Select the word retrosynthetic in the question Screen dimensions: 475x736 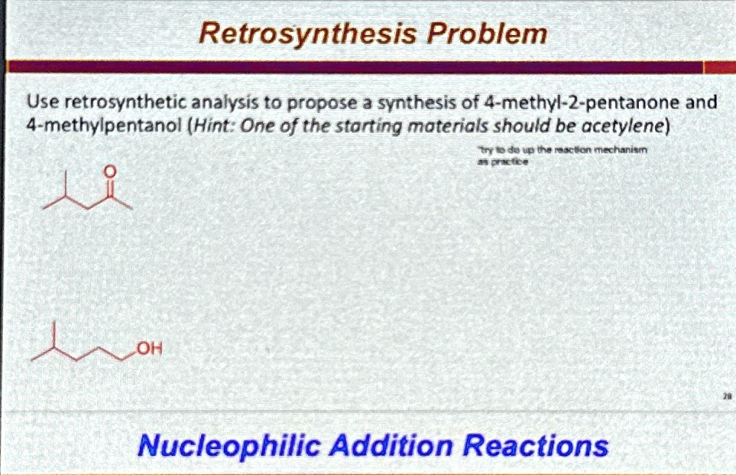click(x=118, y=102)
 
